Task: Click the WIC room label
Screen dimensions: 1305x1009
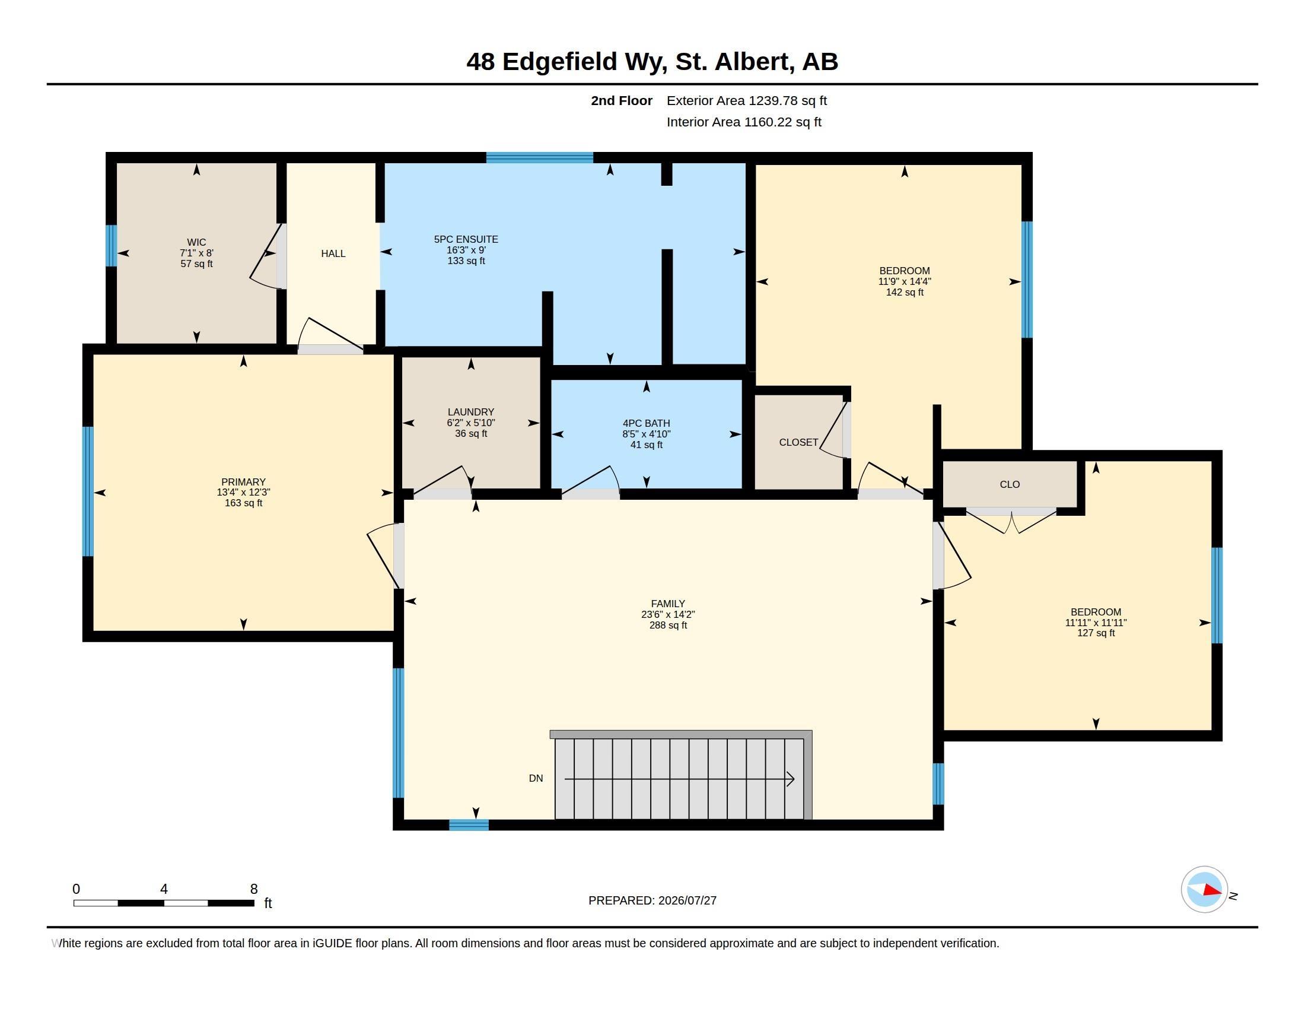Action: (x=196, y=242)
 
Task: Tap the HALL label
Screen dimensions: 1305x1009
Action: (x=333, y=253)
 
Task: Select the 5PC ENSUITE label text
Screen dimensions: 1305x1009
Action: (x=466, y=239)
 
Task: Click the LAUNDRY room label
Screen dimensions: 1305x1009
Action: (x=471, y=412)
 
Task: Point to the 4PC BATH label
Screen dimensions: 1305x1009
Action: (x=647, y=423)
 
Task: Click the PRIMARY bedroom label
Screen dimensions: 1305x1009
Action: (x=243, y=482)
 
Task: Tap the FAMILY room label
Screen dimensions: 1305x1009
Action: (x=668, y=604)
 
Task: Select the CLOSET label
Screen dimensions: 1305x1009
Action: (x=798, y=442)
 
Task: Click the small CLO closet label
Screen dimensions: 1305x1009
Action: (x=1010, y=484)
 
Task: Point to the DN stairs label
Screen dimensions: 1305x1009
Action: (x=536, y=778)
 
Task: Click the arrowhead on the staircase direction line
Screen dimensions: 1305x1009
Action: (x=791, y=779)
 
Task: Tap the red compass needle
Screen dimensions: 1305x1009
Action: (x=1212, y=890)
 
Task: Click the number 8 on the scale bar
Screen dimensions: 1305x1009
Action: (x=254, y=889)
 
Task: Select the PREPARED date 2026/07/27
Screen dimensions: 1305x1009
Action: (x=687, y=900)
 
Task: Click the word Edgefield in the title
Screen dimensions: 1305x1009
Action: (x=560, y=62)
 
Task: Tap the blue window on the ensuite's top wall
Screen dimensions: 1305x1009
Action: (x=540, y=158)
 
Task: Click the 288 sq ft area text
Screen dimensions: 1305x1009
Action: (x=668, y=625)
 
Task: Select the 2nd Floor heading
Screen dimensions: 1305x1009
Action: (x=622, y=100)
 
